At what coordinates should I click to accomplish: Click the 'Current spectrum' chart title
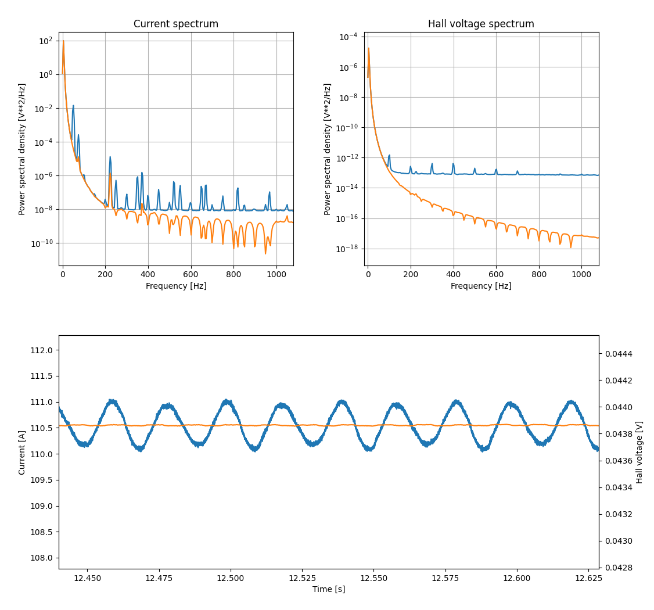pos(176,24)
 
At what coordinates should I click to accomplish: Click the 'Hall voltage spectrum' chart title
pos(481,24)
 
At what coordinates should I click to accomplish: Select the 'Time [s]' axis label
pos(328,589)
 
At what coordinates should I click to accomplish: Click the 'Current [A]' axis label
pos(22,452)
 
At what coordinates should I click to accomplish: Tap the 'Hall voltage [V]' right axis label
pos(639,452)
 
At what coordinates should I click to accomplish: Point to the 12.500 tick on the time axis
pos(231,579)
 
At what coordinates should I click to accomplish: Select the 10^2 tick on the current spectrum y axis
pos(45,41)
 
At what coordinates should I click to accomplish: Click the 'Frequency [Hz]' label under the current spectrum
pos(176,286)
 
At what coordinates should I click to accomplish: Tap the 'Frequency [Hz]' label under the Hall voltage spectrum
pos(481,286)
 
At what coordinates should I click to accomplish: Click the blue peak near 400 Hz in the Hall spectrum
pos(454,164)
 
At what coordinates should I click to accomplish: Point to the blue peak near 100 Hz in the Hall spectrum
pos(389,156)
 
